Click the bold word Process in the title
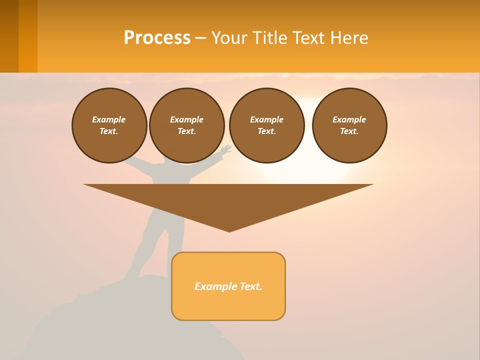point(157,38)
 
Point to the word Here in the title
point(349,38)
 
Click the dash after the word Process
point(201,38)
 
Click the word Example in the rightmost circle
point(349,119)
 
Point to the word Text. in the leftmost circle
point(109,131)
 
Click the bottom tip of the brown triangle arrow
point(229,230)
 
